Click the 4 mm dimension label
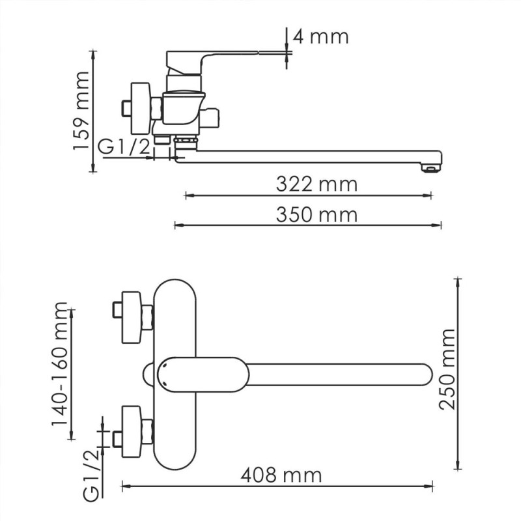click(320, 36)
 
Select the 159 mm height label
click(81, 111)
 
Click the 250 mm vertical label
click(447, 369)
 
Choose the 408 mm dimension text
click(281, 475)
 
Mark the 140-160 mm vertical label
click(61, 371)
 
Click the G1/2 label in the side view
click(124, 147)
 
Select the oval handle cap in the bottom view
click(203, 374)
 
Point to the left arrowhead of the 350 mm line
click(176, 225)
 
